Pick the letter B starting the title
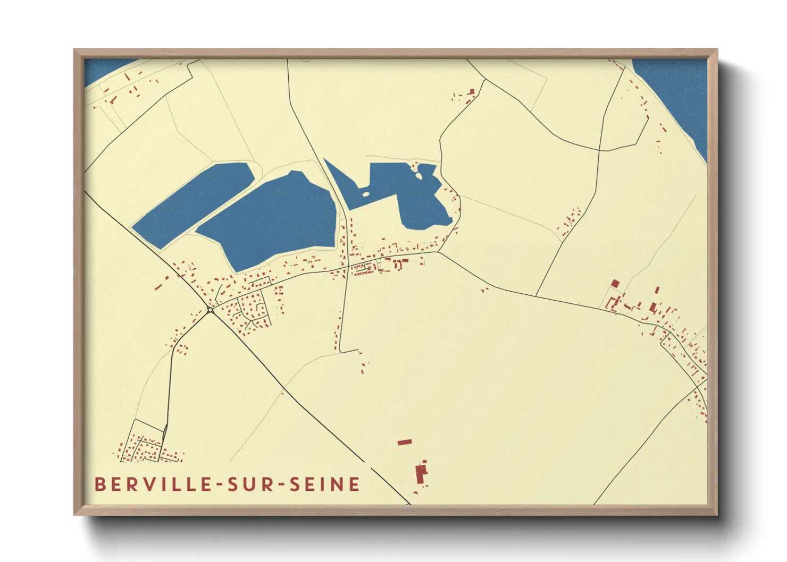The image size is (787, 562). (99, 484)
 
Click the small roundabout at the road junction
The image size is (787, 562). (211, 310)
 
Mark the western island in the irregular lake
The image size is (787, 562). (365, 193)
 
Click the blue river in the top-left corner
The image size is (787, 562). (104, 69)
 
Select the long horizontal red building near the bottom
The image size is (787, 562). (405, 442)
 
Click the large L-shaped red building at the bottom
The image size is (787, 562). (421, 472)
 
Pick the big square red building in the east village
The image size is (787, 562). (615, 284)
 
